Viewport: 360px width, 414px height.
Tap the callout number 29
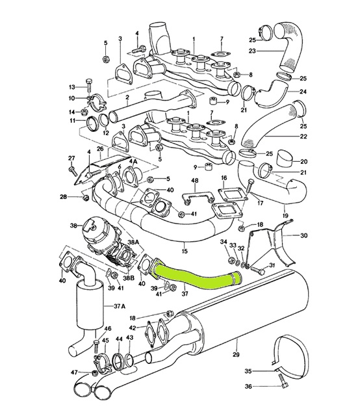(x=236, y=354)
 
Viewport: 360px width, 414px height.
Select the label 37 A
(x=120, y=306)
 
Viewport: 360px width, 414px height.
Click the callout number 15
(x=185, y=251)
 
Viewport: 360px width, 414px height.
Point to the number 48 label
(x=194, y=181)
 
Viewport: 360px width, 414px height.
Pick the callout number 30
(x=303, y=235)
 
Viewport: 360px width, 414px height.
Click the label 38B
(x=129, y=278)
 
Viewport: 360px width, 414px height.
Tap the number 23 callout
(x=252, y=51)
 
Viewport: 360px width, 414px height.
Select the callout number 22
(x=303, y=136)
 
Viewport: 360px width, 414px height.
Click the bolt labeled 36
(x=283, y=382)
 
